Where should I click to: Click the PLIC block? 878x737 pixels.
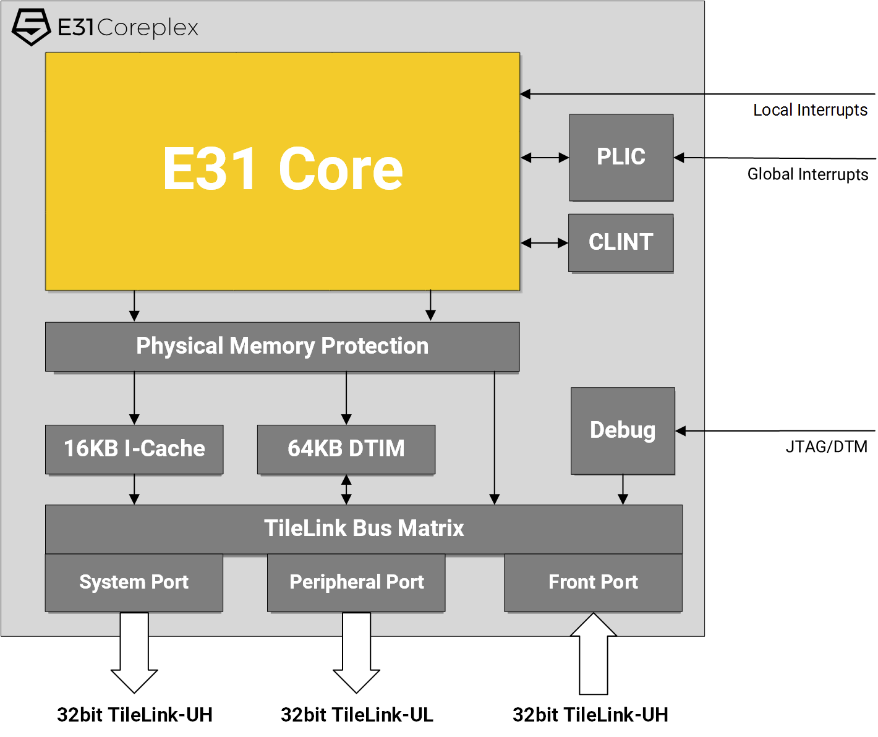pyautogui.click(x=621, y=157)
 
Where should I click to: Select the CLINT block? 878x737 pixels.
pyautogui.click(x=621, y=242)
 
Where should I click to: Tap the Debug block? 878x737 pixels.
pyautogui.click(x=623, y=430)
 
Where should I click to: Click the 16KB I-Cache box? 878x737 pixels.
pyautogui.click(x=134, y=449)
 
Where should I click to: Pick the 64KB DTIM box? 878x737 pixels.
pyautogui.click(x=346, y=449)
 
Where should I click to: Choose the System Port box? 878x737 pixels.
pyautogui.click(x=134, y=582)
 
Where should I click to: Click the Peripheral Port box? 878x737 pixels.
pyautogui.click(x=356, y=582)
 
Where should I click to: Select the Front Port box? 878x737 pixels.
pyautogui.click(x=594, y=582)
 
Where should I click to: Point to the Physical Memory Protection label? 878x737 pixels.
pyautogui.click(x=282, y=346)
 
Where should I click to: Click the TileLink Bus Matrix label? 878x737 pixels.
pyautogui.click(x=364, y=528)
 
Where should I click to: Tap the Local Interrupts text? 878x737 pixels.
pyautogui.click(x=810, y=110)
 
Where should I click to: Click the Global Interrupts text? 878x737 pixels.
pyautogui.click(x=808, y=174)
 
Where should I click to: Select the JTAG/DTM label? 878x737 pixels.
pyautogui.click(x=826, y=446)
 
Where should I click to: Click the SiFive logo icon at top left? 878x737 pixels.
pyautogui.click(x=32, y=27)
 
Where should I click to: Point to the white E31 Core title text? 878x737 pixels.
pyautogui.click(x=283, y=169)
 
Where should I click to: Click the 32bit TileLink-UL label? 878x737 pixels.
pyautogui.click(x=357, y=715)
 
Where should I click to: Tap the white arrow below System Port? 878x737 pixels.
pyautogui.click(x=134, y=652)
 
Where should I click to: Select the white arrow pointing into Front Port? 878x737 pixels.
pyautogui.click(x=594, y=654)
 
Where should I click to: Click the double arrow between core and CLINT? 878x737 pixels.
pyautogui.click(x=544, y=242)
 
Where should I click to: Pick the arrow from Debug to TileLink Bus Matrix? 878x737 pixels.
pyautogui.click(x=623, y=489)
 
